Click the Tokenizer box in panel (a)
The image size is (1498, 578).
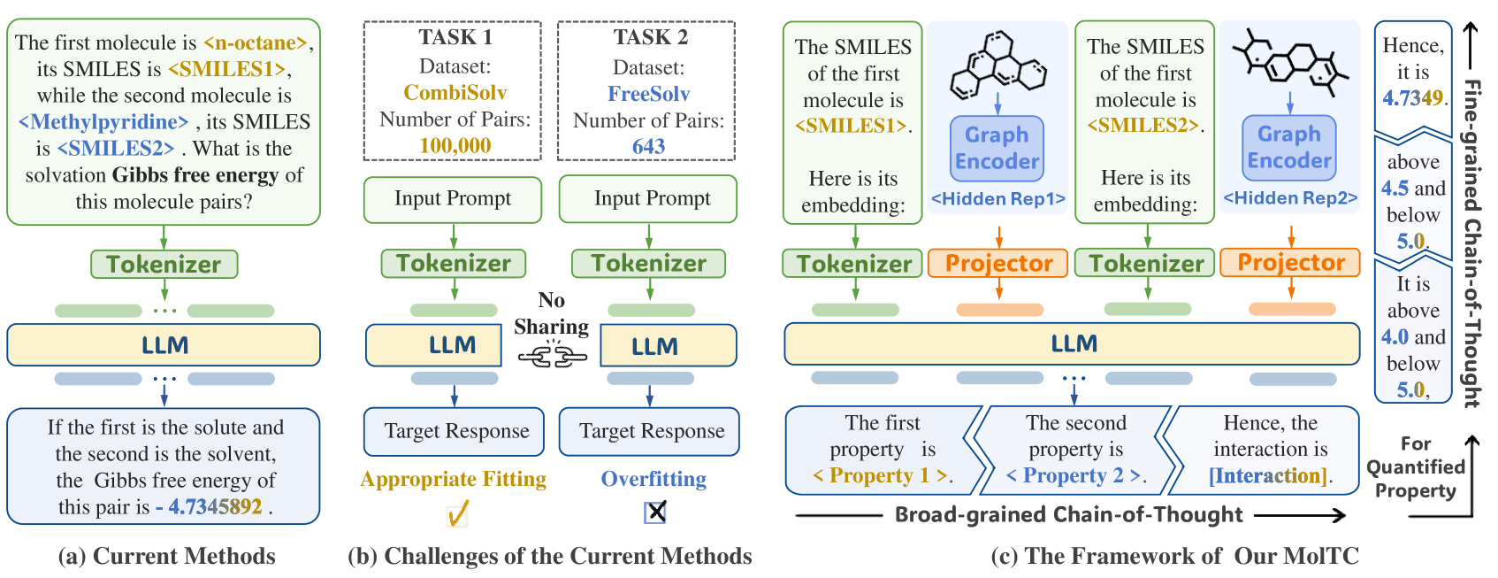(164, 264)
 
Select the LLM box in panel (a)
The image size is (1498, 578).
(164, 345)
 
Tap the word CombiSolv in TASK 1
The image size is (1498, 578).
(455, 93)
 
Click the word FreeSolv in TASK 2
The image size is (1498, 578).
(648, 94)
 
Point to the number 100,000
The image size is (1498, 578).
(455, 145)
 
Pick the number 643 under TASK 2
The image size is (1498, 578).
(648, 146)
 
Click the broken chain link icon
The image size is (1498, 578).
(552, 357)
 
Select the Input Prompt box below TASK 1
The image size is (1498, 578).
(453, 199)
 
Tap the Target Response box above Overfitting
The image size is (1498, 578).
(651, 432)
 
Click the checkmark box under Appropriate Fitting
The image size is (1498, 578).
(457, 513)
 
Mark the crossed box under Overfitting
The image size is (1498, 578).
(655, 512)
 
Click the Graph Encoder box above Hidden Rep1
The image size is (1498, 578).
(997, 149)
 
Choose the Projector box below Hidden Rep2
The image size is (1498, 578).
(1290, 263)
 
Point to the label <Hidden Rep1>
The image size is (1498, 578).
(997, 199)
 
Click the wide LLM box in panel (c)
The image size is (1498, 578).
(1072, 344)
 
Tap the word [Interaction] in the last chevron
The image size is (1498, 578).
(1269, 476)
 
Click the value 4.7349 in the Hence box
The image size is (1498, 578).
(1412, 98)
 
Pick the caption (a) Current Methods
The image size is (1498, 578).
(166, 556)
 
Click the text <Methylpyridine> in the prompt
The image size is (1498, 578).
(103, 122)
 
